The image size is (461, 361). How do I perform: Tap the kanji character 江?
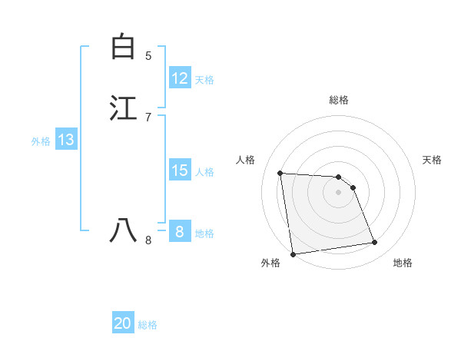(x=123, y=108)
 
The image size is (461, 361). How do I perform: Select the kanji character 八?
(x=123, y=230)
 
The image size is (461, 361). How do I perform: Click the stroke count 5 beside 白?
(x=148, y=55)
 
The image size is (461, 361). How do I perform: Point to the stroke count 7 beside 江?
(x=148, y=117)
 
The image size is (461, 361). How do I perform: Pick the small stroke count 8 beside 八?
(x=148, y=240)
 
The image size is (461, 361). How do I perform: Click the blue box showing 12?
(x=180, y=78)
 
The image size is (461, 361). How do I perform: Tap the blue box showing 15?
(x=180, y=171)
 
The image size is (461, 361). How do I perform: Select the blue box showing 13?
(x=66, y=140)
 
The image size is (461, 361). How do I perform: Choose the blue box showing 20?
(x=123, y=323)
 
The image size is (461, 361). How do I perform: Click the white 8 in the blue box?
(x=180, y=231)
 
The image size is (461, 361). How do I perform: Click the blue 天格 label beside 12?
(x=204, y=79)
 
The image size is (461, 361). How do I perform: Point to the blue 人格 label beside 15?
(x=204, y=171)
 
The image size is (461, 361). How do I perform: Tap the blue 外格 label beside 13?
(x=41, y=141)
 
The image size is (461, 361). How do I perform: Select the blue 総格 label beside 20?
(x=148, y=325)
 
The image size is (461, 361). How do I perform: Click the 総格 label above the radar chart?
(x=339, y=100)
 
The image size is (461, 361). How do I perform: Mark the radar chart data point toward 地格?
(x=375, y=243)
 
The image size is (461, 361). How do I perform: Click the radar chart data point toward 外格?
(x=293, y=253)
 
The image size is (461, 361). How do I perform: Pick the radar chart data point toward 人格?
(x=280, y=173)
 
